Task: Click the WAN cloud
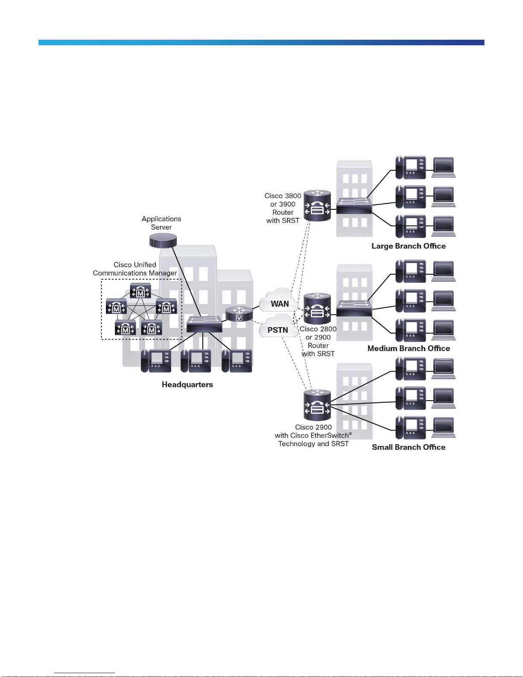click(279, 300)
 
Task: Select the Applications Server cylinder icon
click(163, 240)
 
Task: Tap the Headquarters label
click(187, 384)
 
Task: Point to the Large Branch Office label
click(409, 246)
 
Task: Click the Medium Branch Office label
click(409, 348)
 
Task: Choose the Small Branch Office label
click(409, 447)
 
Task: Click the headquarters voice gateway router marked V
click(239, 314)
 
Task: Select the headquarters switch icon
click(204, 324)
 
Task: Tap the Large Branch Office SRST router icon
click(317, 205)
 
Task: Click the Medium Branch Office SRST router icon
click(317, 308)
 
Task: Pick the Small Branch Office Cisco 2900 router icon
click(317, 404)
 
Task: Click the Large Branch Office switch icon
click(354, 205)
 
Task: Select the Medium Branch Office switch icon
click(354, 308)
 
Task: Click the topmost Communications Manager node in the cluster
click(140, 290)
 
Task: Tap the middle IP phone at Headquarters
click(196, 361)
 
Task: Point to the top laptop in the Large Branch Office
click(444, 167)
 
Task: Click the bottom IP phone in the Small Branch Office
click(411, 428)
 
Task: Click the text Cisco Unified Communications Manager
click(135, 269)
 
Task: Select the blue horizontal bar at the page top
click(261, 42)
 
